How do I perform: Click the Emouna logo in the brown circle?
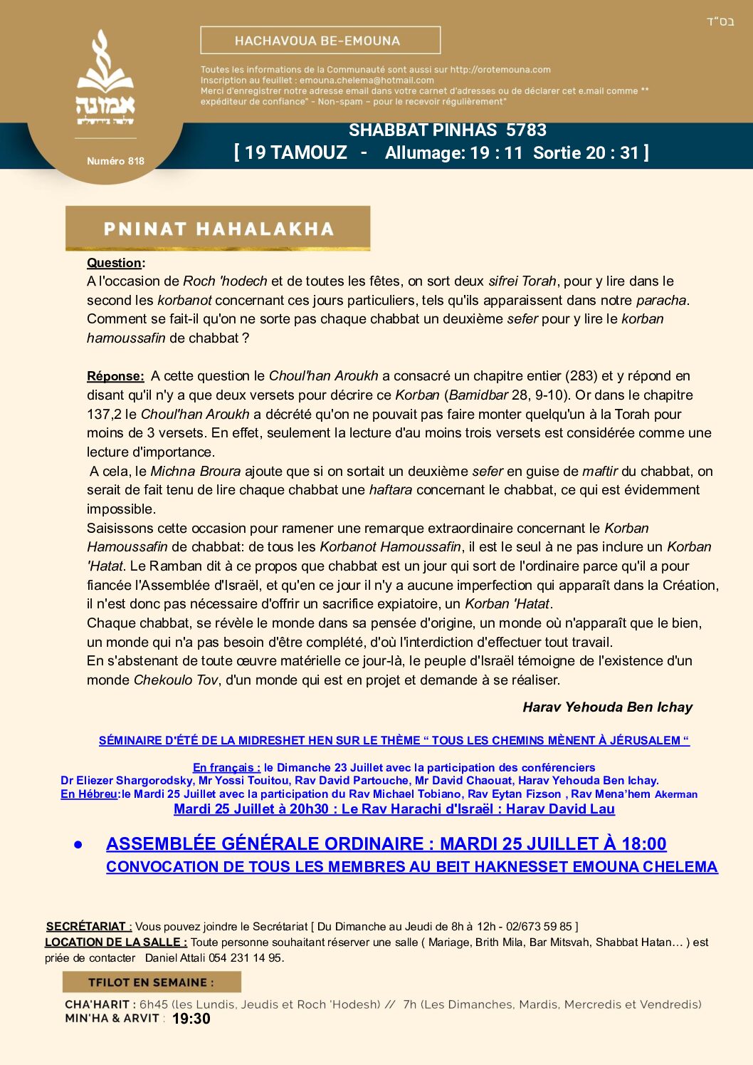pos(105,78)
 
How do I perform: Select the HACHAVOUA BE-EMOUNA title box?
pos(320,41)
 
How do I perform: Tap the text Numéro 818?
pos(115,161)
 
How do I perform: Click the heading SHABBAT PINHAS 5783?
pos(448,130)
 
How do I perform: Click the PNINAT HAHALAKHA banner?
pos(218,229)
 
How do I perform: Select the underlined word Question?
pos(114,263)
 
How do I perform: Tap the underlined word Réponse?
pos(115,376)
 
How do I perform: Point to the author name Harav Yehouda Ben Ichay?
pos(607,707)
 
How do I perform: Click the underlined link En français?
pos(226,767)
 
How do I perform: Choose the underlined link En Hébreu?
pos(89,794)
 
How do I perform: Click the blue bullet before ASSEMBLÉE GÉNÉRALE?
pos(78,844)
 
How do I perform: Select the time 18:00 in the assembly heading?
pos(643,844)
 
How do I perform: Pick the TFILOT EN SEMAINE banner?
pos(152,982)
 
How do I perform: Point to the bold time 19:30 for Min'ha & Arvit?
pos(191,1019)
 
